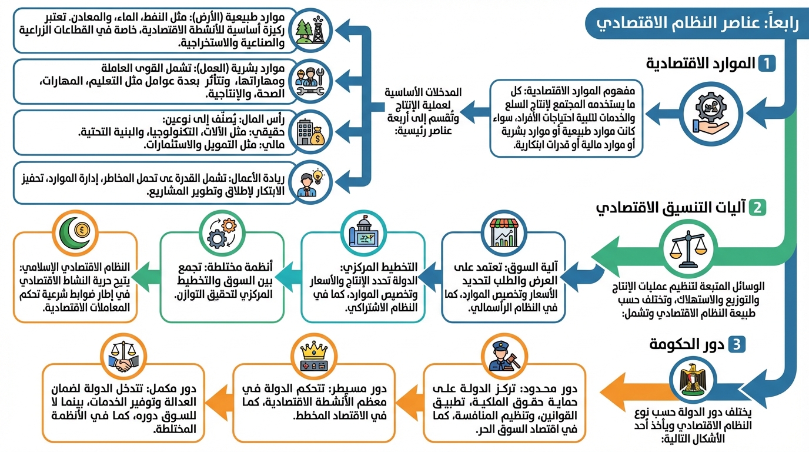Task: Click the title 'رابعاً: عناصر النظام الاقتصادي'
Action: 697,24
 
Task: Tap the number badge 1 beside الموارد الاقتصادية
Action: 767,64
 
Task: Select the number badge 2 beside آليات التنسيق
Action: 757,208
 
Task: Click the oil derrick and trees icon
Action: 310,31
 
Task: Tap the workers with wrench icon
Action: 310,81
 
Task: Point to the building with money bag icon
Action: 310,132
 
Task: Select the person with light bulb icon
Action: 310,182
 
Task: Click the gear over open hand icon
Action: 710,114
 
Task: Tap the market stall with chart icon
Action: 504,233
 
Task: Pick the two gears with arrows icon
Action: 222,234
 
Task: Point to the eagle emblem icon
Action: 692,380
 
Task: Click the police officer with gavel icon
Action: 504,356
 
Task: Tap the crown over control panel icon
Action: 314,357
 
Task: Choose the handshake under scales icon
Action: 123,357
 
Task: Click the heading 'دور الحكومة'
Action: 687,344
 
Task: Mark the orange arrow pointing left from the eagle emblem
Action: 634,392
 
